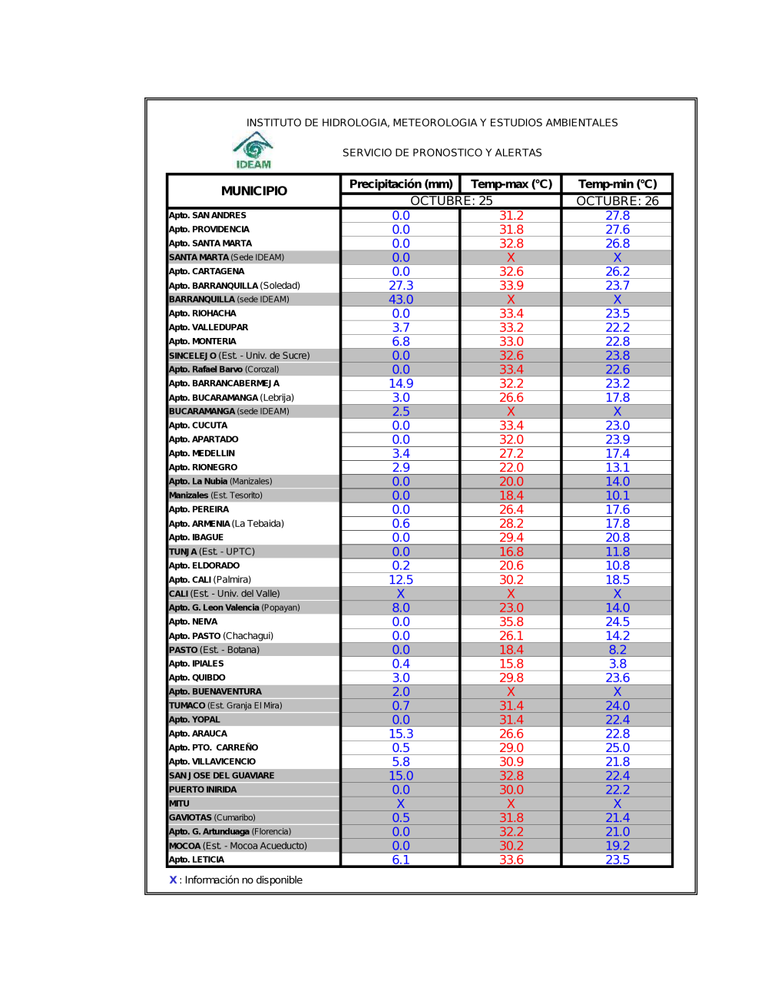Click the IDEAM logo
pyautogui.click(x=253, y=150)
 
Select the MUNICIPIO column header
pyautogui.click(x=254, y=191)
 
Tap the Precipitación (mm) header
pyautogui.click(x=401, y=184)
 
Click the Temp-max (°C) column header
pyautogui.click(x=511, y=184)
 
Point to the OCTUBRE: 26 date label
pyautogui.click(x=617, y=201)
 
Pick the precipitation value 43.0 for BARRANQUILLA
pyautogui.click(x=401, y=300)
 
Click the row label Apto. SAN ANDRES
pyautogui.click(x=207, y=216)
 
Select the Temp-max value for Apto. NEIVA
pyautogui.click(x=511, y=622)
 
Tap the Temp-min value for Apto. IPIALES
pyautogui.click(x=617, y=664)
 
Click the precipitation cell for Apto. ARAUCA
pyautogui.click(x=401, y=734)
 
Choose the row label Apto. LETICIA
pyautogui.click(x=197, y=860)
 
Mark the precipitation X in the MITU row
pyautogui.click(x=401, y=803)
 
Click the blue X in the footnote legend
pyautogui.click(x=173, y=880)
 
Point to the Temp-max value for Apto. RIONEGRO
pyautogui.click(x=511, y=468)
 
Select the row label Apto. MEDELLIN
pyautogui.click(x=202, y=453)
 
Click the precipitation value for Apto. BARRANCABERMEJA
pyautogui.click(x=401, y=383)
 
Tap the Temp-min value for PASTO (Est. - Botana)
pyautogui.click(x=617, y=650)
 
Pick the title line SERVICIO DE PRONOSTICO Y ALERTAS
pyautogui.click(x=442, y=153)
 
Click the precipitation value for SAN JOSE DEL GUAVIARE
pyautogui.click(x=401, y=776)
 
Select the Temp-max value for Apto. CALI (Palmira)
pyautogui.click(x=511, y=580)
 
